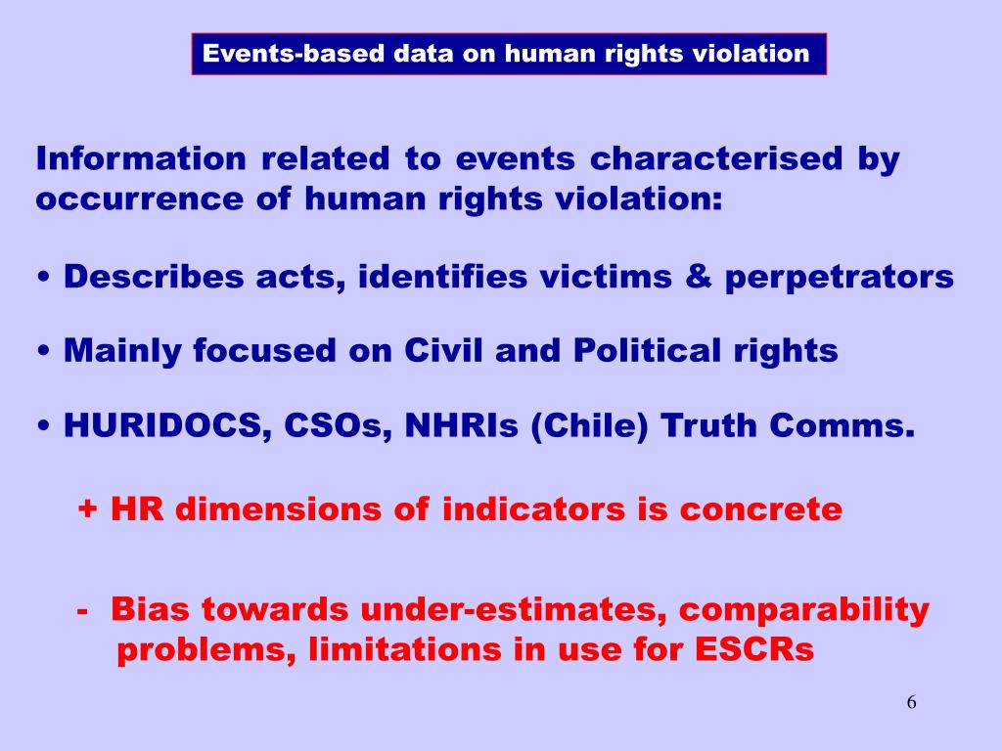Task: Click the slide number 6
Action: (911, 702)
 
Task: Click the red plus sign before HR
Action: (88, 509)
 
